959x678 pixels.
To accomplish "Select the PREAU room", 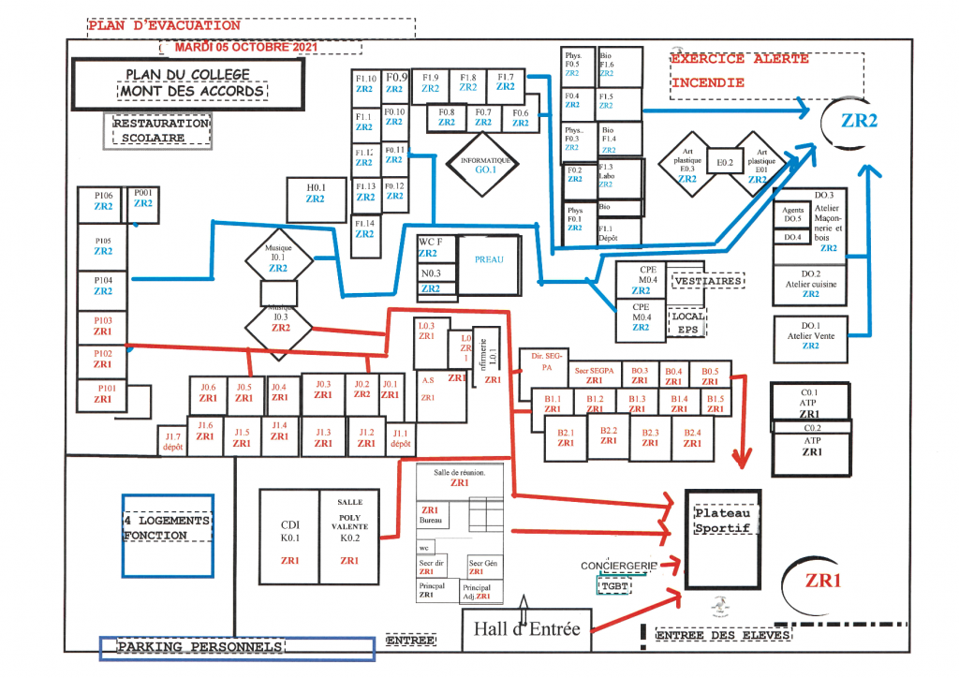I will tap(488, 261).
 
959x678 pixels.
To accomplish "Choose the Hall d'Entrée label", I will tap(526, 628).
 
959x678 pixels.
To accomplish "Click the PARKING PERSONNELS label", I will tap(199, 647).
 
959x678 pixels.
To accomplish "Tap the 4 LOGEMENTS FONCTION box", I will tap(168, 528).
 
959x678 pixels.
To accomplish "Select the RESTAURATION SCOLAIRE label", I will tap(161, 130).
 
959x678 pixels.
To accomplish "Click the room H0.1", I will tap(316, 193).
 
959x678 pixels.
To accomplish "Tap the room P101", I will tap(103, 392).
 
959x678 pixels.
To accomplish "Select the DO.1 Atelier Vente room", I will tap(811, 339).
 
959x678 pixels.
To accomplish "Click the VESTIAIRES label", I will tap(708, 281).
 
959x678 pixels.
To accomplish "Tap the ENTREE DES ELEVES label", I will tap(723, 636).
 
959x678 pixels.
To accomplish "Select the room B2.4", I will tap(692, 438).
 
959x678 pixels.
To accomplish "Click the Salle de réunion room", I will tap(459, 479).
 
